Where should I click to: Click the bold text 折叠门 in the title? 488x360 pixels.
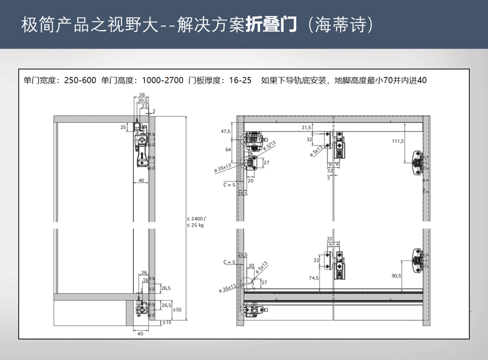pos(270,25)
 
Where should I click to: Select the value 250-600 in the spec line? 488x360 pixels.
pos(80,80)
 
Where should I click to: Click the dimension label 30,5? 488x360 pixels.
pos(142,100)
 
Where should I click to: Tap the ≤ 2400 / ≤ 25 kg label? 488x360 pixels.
pos(196,222)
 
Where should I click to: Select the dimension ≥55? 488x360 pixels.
pos(177,309)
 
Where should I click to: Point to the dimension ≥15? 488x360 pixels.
pos(167,322)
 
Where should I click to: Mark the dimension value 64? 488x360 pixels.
pos(228,150)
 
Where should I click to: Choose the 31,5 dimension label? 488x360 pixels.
pos(306,127)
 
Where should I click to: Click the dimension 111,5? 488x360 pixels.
pos(398,141)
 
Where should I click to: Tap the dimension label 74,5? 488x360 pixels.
pos(313,278)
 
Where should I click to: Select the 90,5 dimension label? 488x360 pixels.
pos(396,276)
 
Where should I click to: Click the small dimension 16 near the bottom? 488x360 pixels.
pos(145,280)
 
